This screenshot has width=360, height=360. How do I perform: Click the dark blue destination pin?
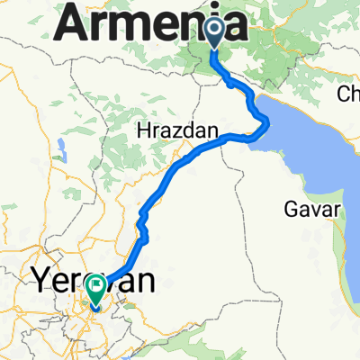tap(215, 33)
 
